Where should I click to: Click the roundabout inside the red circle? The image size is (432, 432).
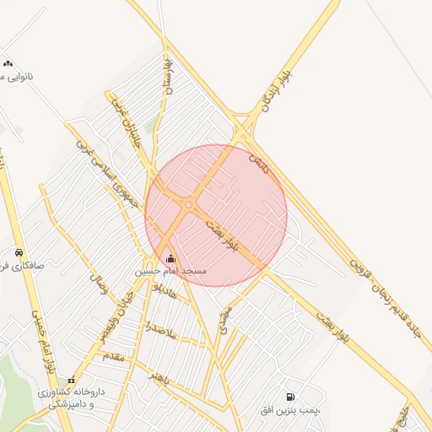(x=187, y=203)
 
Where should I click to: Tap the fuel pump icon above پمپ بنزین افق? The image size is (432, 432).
(x=291, y=397)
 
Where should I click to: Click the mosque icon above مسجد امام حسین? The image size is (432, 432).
(x=171, y=258)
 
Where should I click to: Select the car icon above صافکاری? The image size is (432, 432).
(x=19, y=252)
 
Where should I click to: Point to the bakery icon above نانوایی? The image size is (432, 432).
(x=8, y=63)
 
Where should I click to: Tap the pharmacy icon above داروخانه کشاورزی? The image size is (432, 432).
(x=72, y=380)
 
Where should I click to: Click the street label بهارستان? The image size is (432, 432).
(x=167, y=76)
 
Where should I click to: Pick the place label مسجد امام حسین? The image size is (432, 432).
(x=171, y=272)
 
